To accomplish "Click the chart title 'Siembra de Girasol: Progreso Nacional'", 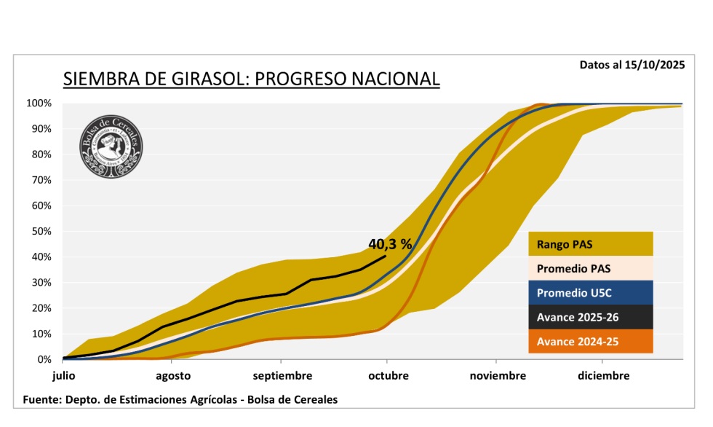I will click(x=251, y=79).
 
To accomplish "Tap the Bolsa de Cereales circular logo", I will click(x=111, y=146).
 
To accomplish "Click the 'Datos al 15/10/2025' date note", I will click(x=632, y=64).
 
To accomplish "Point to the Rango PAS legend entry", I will click(x=590, y=244).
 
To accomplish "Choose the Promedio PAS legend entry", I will click(x=590, y=268).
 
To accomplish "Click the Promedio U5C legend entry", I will click(x=590, y=293).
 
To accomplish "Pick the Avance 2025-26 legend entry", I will click(x=590, y=317).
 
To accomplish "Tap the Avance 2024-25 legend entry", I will click(x=590, y=341).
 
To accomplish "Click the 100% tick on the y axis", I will click(x=39, y=103).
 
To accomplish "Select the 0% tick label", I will click(x=44, y=360).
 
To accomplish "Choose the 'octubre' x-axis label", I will click(x=388, y=376).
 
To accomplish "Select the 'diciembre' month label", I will click(x=604, y=376).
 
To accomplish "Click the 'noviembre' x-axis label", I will click(x=497, y=376).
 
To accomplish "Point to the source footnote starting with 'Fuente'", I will click(x=180, y=399).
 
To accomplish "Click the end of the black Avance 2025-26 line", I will click(x=386, y=256).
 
